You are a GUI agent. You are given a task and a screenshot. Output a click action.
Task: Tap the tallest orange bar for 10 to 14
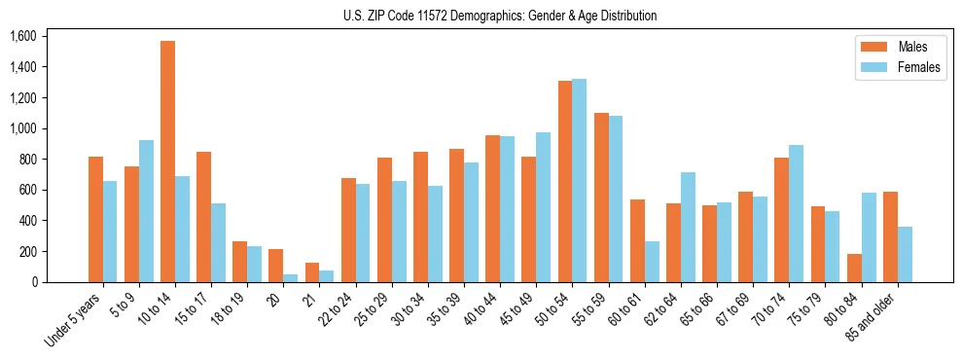point(167,162)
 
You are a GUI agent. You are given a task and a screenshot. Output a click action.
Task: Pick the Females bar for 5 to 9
point(146,211)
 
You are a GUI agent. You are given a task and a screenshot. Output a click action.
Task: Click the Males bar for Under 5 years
point(95,219)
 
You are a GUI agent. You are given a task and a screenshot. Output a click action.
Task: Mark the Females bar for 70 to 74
point(796,213)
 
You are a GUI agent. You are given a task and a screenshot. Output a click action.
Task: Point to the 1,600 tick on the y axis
point(22,36)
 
